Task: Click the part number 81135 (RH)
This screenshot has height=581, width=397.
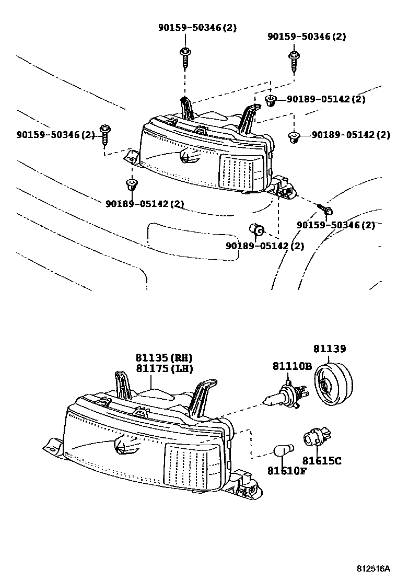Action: click(164, 358)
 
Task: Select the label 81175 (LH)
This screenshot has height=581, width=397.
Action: click(164, 369)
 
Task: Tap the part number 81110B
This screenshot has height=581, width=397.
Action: click(291, 366)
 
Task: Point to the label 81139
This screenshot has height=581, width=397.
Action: click(329, 348)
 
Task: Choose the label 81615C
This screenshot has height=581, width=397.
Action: click(322, 461)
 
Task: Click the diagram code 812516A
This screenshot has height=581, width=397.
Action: click(374, 567)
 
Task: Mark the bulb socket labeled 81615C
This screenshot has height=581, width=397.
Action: click(314, 437)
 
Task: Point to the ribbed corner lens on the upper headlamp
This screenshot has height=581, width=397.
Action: click(241, 172)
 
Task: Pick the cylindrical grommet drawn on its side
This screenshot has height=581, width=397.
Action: click(256, 229)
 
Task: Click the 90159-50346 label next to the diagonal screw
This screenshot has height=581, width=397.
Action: click(335, 225)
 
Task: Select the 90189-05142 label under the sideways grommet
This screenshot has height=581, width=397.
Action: click(264, 246)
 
